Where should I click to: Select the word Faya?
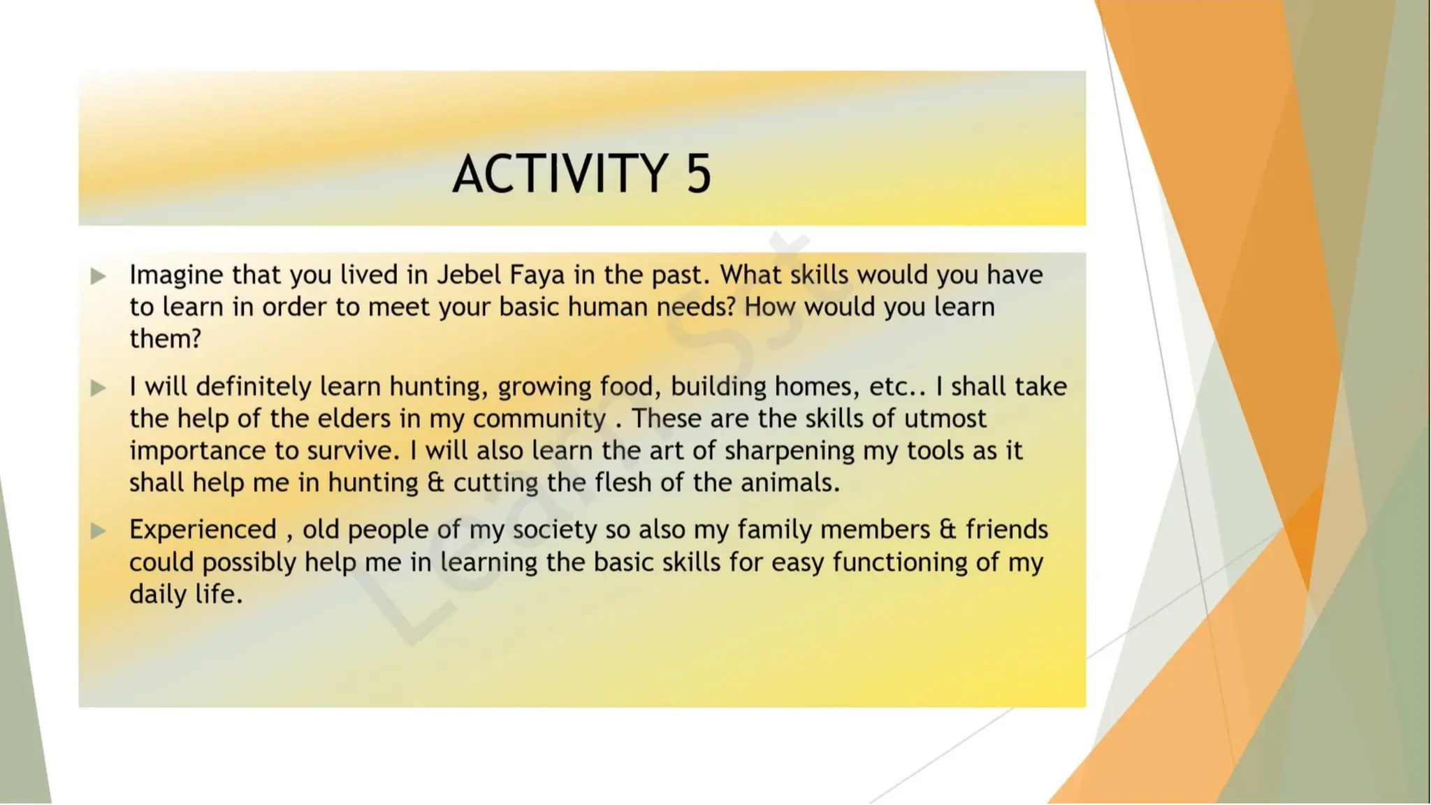pyautogui.click(x=537, y=275)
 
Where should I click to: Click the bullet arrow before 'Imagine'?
pyautogui.click(x=99, y=276)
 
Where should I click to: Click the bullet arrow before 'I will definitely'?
pyautogui.click(x=99, y=388)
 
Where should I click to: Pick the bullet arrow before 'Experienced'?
pyautogui.click(x=99, y=531)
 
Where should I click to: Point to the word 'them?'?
pyautogui.click(x=165, y=339)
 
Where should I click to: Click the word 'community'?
pyautogui.click(x=539, y=419)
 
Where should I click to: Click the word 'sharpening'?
pyautogui.click(x=790, y=451)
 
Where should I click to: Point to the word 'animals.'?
pyautogui.click(x=790, y=483)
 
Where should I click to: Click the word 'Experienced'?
pyautogui.click(x=203, y=530)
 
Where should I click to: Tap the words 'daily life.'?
pyautogui.click(x=186, y=594)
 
